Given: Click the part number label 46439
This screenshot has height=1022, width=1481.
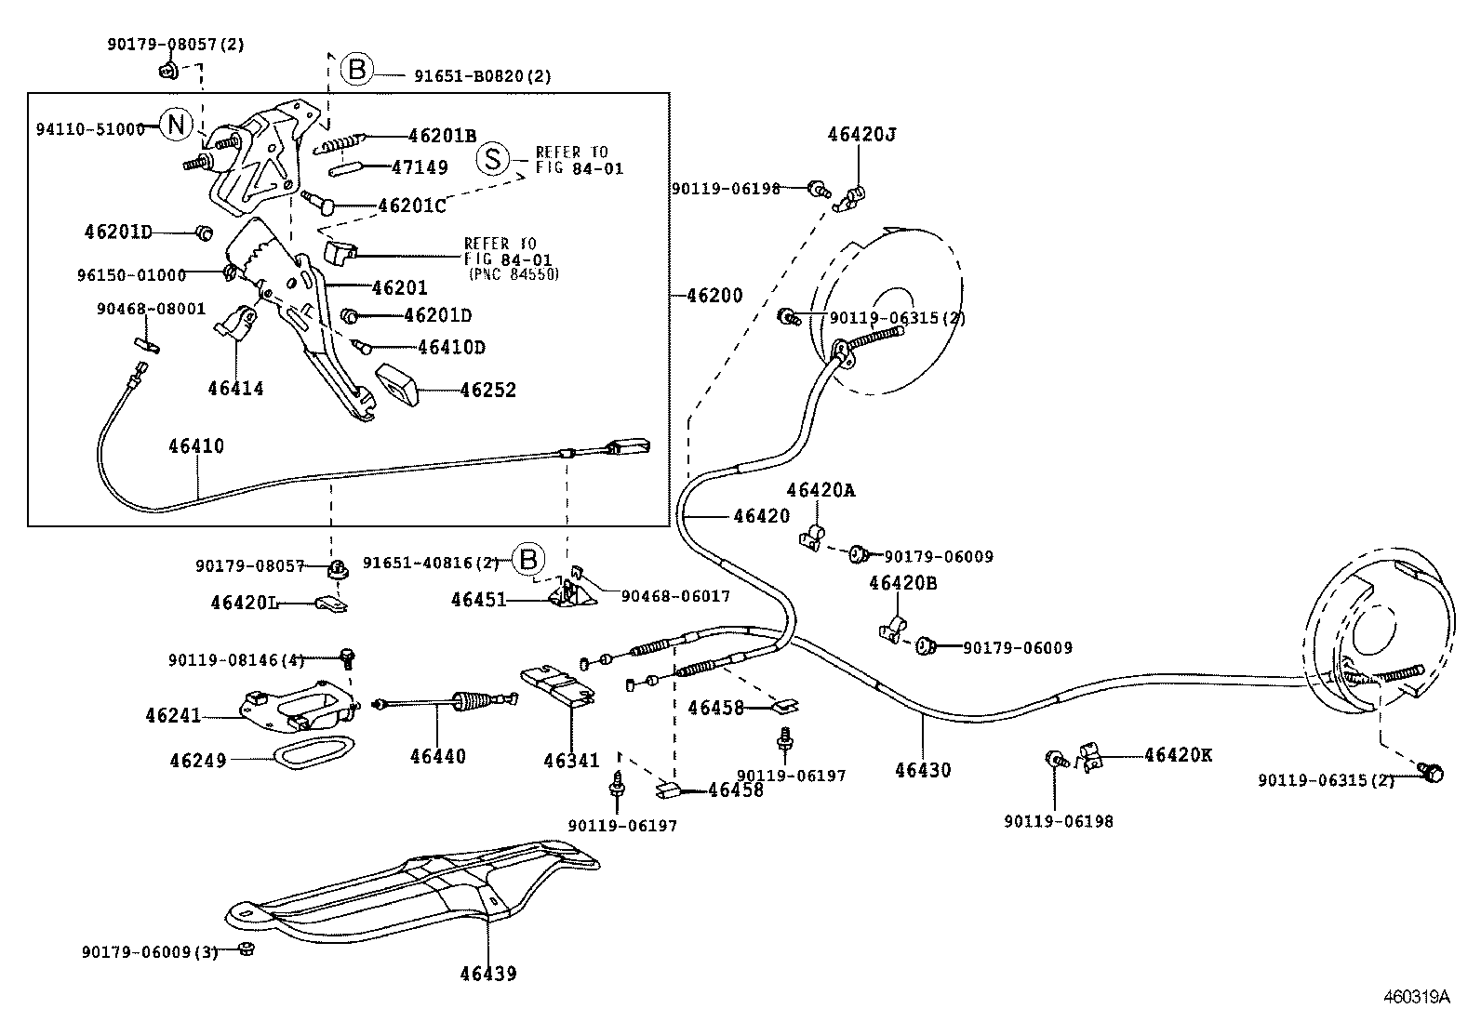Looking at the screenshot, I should click(487, 974).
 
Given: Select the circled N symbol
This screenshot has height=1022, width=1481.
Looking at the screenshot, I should click(176, 124).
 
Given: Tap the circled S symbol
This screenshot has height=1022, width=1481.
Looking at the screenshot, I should click(493, 159).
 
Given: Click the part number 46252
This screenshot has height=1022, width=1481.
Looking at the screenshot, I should click(487, 391).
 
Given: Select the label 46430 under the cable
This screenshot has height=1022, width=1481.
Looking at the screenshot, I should click(923, 770).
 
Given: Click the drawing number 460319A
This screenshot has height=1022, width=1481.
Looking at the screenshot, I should click(1416, 998).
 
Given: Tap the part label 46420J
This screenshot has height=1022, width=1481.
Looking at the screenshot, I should click(861, 134).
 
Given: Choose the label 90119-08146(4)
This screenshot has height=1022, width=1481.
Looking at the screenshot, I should click(236, 659).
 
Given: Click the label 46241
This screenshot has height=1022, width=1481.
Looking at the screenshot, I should click(173, 715).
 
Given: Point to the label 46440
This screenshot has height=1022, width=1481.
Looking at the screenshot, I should click(437, 757).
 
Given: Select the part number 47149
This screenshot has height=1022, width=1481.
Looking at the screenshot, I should click(419, 167).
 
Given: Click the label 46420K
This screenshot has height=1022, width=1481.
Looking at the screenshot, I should click(1178, 755).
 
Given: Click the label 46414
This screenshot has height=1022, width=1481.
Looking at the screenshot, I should click(235, 389).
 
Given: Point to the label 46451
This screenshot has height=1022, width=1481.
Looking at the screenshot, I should click(478, 600).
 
